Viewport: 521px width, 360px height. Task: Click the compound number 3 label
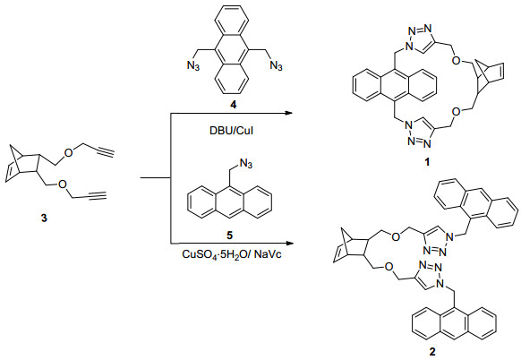44,219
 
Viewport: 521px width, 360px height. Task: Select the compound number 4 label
234,105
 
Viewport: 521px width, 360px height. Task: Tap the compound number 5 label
229,236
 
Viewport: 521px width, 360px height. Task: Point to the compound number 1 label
427,162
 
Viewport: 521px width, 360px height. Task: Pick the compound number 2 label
432,352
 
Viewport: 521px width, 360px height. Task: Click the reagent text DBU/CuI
231,131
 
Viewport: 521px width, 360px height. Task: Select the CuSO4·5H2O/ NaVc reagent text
232,255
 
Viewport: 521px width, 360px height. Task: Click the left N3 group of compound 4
193,65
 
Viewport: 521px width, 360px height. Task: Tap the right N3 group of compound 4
276,65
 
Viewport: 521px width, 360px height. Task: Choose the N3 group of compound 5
246,164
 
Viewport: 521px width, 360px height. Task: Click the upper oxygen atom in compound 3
68,153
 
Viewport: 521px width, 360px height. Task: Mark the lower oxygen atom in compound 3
63,184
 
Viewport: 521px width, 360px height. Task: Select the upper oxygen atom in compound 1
457,61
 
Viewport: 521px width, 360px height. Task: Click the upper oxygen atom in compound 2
395,236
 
